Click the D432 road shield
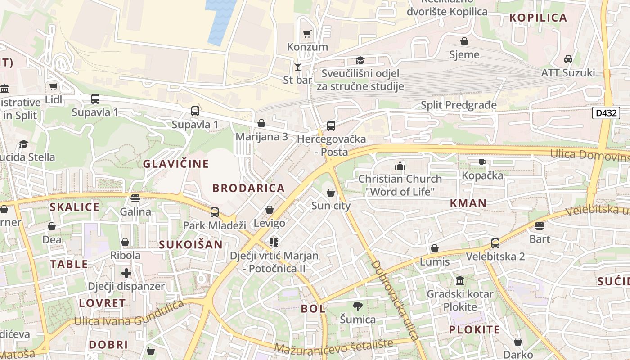pos(606,112)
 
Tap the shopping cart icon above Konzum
pos(307,34)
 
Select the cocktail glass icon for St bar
pos(297,67)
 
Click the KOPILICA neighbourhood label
pos(538,18)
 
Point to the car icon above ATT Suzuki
pos(568,59)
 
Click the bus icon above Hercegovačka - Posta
pos(331,126)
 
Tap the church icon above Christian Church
pos(400,166)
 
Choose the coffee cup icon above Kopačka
pos(482,162)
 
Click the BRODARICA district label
pos(248,188)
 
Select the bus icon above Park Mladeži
pos(215,212)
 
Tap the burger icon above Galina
pos(135,198)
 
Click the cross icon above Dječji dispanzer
pos(126,273)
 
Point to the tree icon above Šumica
pos(358,306)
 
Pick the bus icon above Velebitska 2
pos(495,243)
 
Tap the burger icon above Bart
pos(540,225)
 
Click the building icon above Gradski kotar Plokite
pos(460,281)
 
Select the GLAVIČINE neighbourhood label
pos(176,164)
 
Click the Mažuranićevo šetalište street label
pos(333,346)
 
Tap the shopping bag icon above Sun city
pos(331,193)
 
